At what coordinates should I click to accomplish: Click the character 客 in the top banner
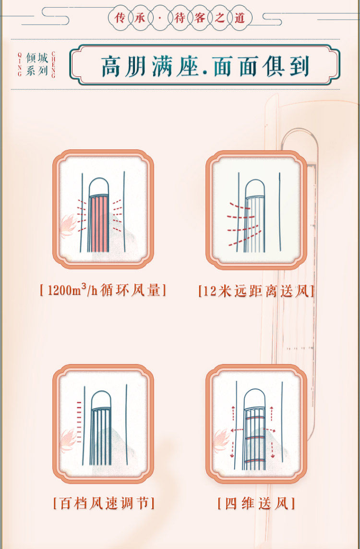click(x=200, y=17)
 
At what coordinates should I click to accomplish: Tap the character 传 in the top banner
click(x=120, y=17)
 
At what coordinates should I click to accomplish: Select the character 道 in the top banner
click(x=240, y=17)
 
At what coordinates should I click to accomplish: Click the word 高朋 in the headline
click(x=123, y=66)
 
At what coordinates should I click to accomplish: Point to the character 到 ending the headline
click(x=299, y=66)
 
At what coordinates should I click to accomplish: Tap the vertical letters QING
click(x=20, y=64)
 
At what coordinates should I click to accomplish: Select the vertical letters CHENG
click(x=53, y=64)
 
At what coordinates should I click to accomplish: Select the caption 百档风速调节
click(x=104, y=503)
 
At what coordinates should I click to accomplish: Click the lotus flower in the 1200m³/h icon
click(x=68, y=226)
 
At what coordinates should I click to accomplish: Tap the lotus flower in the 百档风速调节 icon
click(x=68, y=440)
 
